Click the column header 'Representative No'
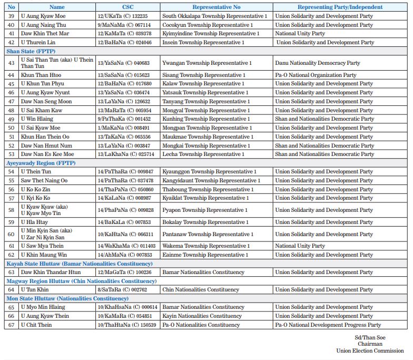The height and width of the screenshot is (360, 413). click(217, 7)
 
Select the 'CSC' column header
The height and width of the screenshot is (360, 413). click(127, 7)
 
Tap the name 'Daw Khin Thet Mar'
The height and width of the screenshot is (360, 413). click(44, 34)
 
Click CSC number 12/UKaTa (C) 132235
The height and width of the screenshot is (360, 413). click(123, 16)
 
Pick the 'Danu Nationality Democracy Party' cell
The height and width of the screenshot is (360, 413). click(318, 63)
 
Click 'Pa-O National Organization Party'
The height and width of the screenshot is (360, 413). click(316, 75)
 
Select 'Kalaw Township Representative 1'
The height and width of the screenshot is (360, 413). click(203, 84)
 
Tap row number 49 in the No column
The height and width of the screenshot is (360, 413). click(11, 119)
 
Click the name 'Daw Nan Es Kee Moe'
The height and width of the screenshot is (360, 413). click(47, 154)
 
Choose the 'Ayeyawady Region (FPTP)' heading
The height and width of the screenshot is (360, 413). click(41, 163)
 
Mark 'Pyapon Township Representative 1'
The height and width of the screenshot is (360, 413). click(205, 210)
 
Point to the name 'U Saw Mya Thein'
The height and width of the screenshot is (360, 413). click(42, 246)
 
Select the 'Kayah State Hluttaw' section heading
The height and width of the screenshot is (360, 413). click(80, 264)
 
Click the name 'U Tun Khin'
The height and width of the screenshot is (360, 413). click(35, 290)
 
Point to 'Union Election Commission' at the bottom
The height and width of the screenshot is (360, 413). click(370, 351)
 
